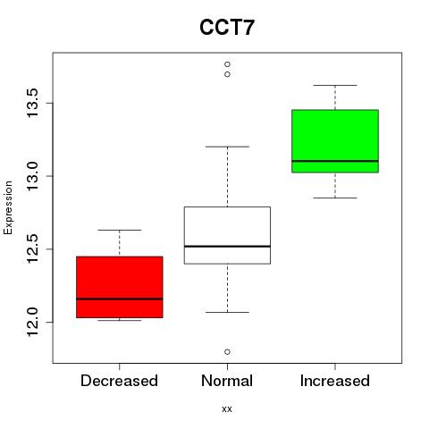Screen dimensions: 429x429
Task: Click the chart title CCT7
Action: pyautogui.click(x=227, y=28)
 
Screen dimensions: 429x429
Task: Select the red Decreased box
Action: pyautogui.click(x=120, y=287)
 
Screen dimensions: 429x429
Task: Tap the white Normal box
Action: pyautogui.click(x=227, y=235)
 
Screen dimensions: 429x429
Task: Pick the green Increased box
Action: pyautogui.click(x=335, y=141)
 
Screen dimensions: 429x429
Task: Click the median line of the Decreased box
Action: pyautogui.click(x=120, y=299)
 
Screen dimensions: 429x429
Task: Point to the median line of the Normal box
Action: pyautogui.click(x=227, y=247)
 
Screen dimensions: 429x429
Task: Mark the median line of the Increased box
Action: pyautogui.click(x=335, y=161)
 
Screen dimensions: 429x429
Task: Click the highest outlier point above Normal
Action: pyautogui.click(x=227, y=64)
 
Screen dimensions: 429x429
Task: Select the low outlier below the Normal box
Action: pyautogui.click(x=227, y=352)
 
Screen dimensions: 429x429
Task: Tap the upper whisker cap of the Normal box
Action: pyautogui.click(x=227, y=147)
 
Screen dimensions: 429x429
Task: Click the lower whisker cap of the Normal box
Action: pyautogui.click(x=227, y=312)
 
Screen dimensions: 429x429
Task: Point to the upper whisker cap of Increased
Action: pyautogui.click(x=335, y=85)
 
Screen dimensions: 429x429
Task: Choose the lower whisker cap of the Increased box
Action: pyautogui.click(x=335, y=198)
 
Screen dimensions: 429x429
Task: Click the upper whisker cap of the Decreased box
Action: pyautogui.click(x=120, y=230)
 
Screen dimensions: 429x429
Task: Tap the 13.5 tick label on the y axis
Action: pyautogui.click(x=32, y=103)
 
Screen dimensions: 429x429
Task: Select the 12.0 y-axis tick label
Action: pyautogui.click(x=32, y=322)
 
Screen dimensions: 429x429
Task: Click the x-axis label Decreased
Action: pyautogui.click(x=119, y=381)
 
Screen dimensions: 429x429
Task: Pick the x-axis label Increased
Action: pyautogui.click(x=335, y=381)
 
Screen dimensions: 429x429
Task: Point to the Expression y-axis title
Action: pyautogui.click(x=8, y=207)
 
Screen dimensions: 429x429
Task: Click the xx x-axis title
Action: pyautogui.click(x=227, y=409)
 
